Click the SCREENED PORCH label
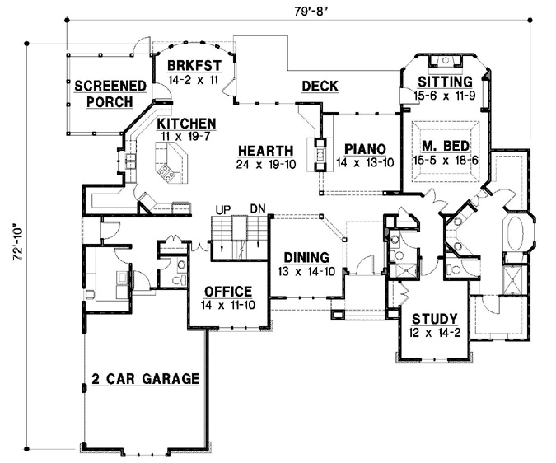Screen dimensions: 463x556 coord(111,93)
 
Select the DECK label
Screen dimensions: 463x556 coord(320,86)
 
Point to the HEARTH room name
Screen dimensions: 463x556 coord(265,150)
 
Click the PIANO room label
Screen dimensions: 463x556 coord(361,148)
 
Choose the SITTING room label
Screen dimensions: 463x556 coord(444,82)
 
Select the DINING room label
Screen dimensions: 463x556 coord(306,256)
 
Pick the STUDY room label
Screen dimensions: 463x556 coord(426,320)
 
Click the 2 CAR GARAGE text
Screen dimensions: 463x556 coord(146,379)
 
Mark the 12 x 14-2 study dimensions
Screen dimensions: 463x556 coord(426,334)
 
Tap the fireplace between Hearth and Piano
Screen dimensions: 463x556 coord(318,153)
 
